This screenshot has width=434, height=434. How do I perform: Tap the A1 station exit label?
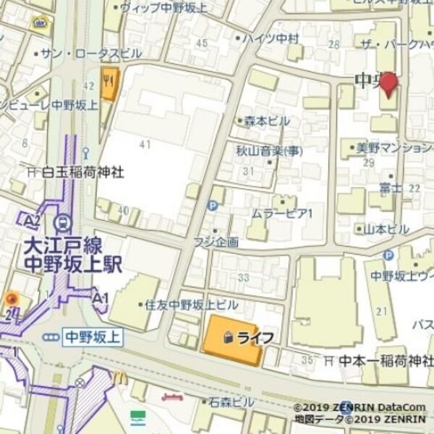tap(100, 297)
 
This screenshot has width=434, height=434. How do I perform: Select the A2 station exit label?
tap(30, 220)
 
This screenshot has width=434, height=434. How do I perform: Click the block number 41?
tap(145, 145)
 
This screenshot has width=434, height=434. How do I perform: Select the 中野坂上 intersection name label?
tap(92, 337)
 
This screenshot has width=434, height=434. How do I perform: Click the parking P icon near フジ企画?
tap(213, 206)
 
